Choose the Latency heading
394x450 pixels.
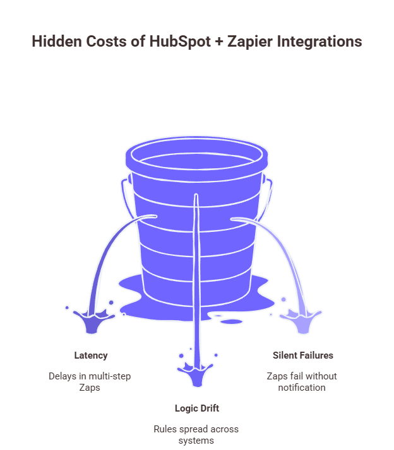pyautogui.click(x=90, y=355)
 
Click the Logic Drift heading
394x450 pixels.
pyautogui.click(x=196, y=408)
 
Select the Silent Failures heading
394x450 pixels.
pyautogui.click(x=303, y=355)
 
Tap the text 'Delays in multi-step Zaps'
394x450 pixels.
pyautogui.click(x=90, y=382)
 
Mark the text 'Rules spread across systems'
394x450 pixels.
pyautogui.click(x=196, y=434)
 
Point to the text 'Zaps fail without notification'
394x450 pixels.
pyautogui.click(x=303, y=382)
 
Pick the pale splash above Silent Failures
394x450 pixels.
pyautogui.click(x=302, y=320)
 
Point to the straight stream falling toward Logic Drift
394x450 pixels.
pyautogui.click(x=196, y=284)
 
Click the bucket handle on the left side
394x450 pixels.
pyautogui.click(x=126, y=202)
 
